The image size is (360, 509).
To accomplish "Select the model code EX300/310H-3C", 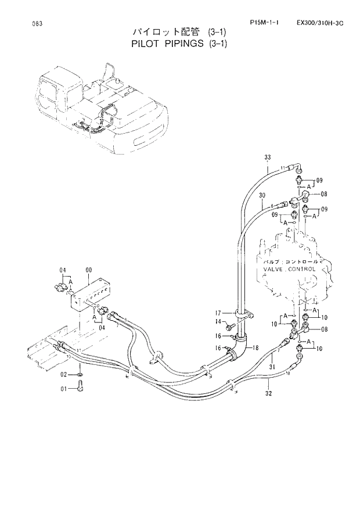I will (319, 23).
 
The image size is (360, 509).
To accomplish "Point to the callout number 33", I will (268, 157).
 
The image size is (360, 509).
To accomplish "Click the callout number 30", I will (262, 195).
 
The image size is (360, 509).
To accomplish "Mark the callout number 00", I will (88, 269).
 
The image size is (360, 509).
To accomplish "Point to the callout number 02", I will (66, 374).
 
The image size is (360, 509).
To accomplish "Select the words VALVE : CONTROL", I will (289, 270).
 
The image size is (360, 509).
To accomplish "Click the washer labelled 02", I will (78, 377).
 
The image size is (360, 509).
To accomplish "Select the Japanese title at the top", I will (180, 32).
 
